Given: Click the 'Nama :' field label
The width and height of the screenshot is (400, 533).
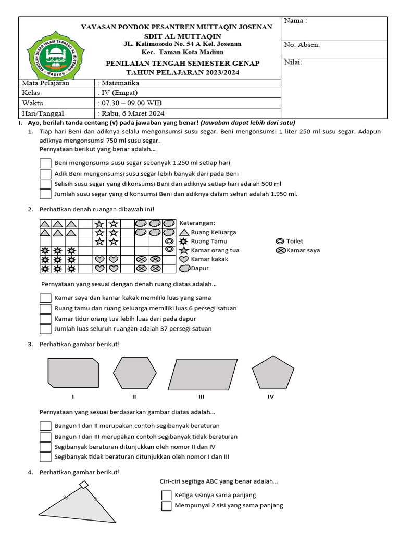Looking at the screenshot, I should [x=295, y=21].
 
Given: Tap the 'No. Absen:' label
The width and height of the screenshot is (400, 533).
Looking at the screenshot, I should [x=302, y=45].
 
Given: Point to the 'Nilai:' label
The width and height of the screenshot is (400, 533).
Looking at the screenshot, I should [x=293, y=62].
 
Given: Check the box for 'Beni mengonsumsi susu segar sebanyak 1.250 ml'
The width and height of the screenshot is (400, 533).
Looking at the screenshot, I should [x=45, y=163].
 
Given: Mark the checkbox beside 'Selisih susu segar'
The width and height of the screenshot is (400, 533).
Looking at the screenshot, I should [x=45, y=184].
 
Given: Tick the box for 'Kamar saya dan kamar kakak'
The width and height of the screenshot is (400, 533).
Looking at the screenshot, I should [x=45, y=298].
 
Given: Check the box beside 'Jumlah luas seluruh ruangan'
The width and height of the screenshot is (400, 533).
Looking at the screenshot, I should [x=45, y=328].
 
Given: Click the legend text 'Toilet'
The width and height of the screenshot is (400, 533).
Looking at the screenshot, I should [x=295, y=241].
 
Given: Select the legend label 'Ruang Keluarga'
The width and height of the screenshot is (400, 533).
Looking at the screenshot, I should [x=214, y=232].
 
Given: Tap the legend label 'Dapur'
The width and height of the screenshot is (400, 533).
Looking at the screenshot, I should [x=200, y=268].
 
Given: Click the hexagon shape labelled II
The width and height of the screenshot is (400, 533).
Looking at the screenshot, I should [x=134, y=373].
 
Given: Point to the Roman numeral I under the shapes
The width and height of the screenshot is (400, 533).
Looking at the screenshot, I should [x=73, y=397].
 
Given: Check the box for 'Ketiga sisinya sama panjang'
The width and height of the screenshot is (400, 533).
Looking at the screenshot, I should [x=166, y=495].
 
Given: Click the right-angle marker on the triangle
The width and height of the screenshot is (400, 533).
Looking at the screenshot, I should [x=84, y=485].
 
